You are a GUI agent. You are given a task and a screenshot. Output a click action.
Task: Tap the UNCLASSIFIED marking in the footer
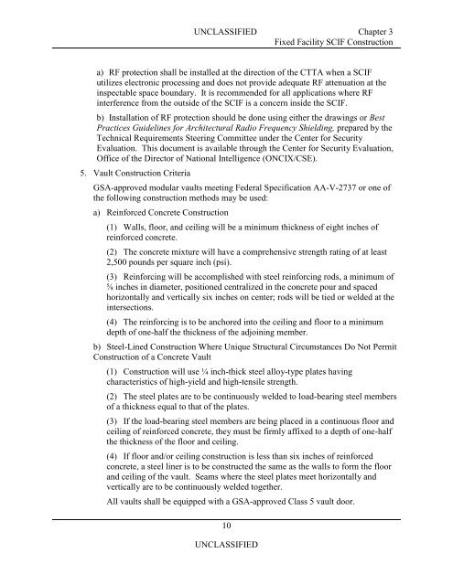click(226, 569)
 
